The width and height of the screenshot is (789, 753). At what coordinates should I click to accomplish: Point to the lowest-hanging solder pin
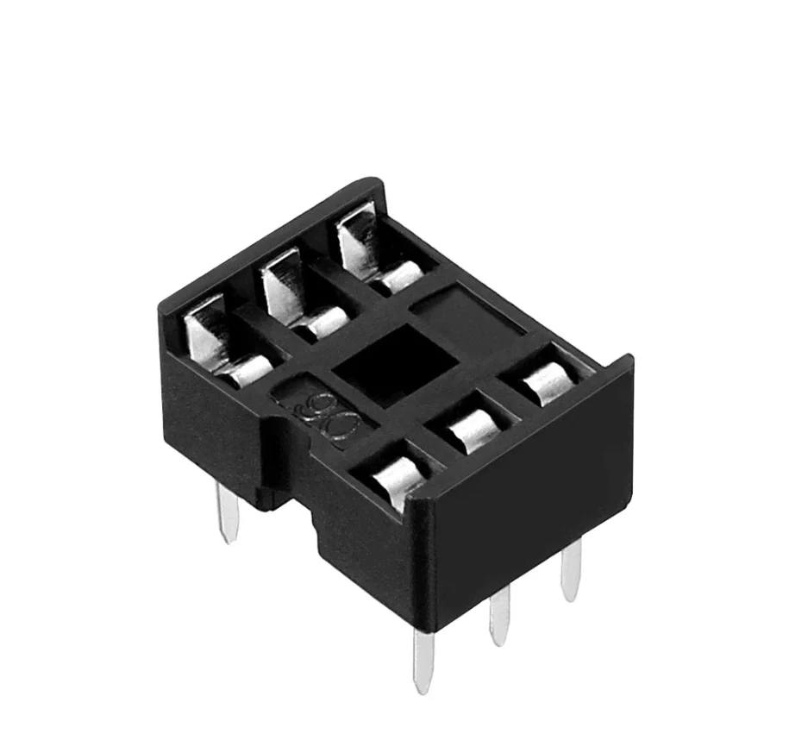[x=423, y=660]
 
